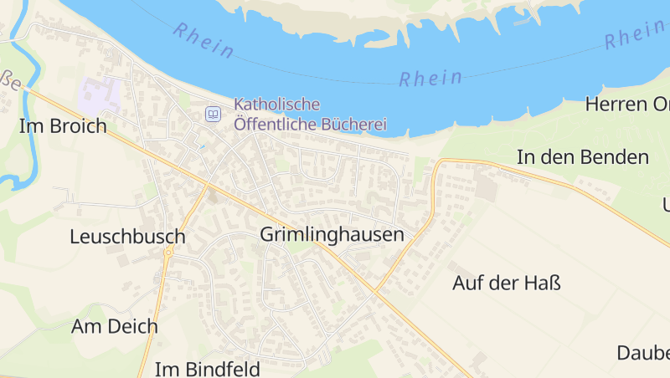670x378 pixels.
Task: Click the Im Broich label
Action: click(63, 126)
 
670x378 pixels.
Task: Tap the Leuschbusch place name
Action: click(127, 237)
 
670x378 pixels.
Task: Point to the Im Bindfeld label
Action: click(208, 368)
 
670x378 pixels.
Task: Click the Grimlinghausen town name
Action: click(332, 235)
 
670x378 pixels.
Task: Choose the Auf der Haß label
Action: click(506, 283)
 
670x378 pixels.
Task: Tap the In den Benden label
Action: click(583, 156)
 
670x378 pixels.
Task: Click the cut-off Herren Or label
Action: click(627, 105)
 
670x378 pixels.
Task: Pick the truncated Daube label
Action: click(643, 352)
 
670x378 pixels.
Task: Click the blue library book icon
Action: click(214, 114)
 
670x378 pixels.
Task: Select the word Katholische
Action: click(277, 105)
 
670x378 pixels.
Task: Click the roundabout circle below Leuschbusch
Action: click(168, 252)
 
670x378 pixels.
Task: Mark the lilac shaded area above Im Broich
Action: click(99, 96)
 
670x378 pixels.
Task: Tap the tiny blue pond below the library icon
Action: click(201, 147)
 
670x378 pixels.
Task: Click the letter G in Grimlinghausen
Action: click(267, 235)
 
